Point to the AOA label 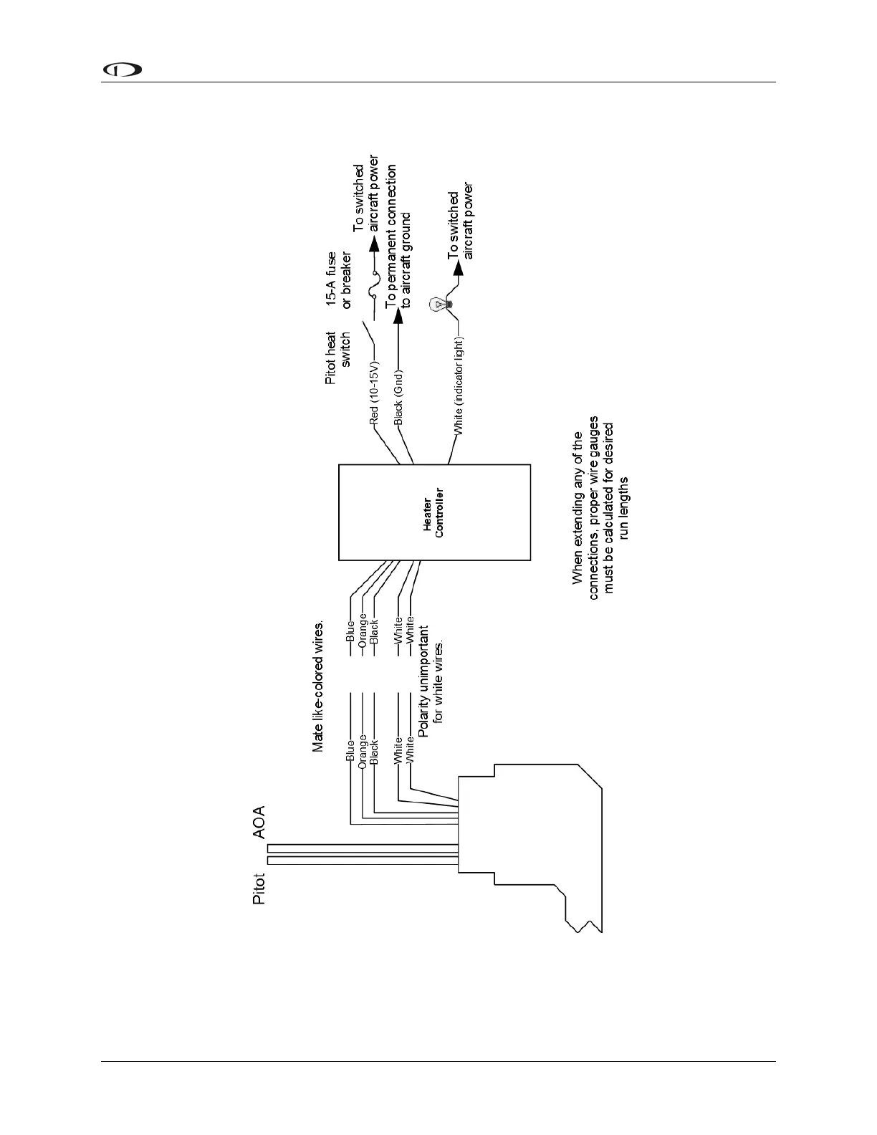click(x=259, y=821)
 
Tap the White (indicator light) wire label click(x=459, y=386)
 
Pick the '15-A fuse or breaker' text click(x=338, y=279)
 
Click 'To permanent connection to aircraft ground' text click(x=398, y=236)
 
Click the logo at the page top click(x=123, y=70)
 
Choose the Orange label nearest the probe click(x=363, y=750)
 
